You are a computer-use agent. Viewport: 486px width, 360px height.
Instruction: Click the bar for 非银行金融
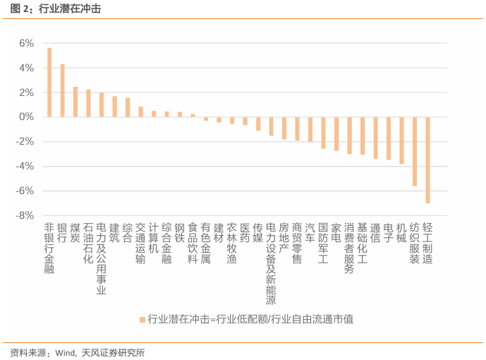pyautogui.click(x=49, y=82)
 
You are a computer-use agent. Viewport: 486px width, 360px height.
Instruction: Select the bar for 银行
pyautogui.click(x=62, y=90)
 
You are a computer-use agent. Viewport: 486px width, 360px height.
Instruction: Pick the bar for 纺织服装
pyautogui.click(x=415, y=151)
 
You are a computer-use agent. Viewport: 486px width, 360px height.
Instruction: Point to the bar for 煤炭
pyautogui.click(x=75, y=102)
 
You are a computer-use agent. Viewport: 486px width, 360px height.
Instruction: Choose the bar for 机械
pyautogui.click(x=401, y=140)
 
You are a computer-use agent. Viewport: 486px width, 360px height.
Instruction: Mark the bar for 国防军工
pyautogui.click(x=323, y=133)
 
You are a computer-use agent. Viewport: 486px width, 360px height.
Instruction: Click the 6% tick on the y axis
pyautogui.click(x=26, y=43)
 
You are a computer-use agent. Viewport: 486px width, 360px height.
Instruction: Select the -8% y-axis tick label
pyautogui.click(x=25, y=215)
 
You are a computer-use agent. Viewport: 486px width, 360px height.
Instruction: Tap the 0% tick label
pyautogui.click(x=26, y=116)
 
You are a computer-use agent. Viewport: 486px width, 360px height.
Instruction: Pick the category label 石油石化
pyautogui.click(x=88, y=244)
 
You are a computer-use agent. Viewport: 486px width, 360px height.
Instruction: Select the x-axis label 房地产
pyautogui.click(x=284, y=238)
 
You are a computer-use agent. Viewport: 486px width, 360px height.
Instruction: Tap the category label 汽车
pyautogui.click(x=310, y=233)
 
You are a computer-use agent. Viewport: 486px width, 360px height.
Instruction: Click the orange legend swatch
pyautogui.click(x=142, y=319)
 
